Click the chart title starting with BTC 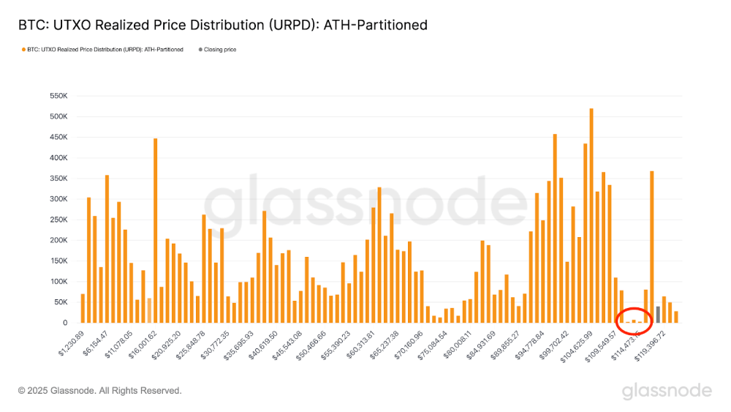click(x=222, y=25)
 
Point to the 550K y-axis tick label click(x=58, y=96)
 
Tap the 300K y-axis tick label click(x=58, y=199)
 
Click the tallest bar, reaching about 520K click(x=591, y=216)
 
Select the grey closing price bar click(x=658, y=315)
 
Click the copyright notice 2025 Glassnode click(x=99, y=391)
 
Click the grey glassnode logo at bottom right click(x=667, y=391)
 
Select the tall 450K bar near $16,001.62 click(x=155, y=231)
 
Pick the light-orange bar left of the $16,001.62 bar click(x=149, y=310)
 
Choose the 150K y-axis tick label click(x=58, y=261)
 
